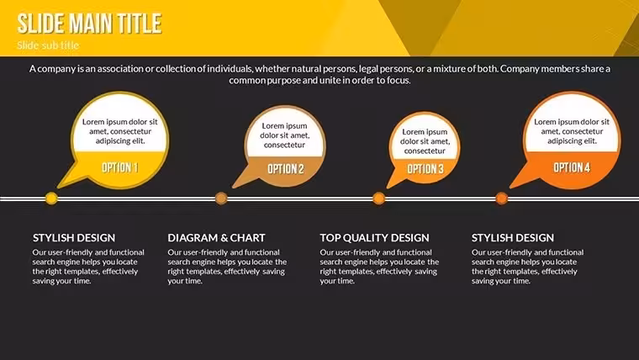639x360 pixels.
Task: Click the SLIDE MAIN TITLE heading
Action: [x=90, y=24]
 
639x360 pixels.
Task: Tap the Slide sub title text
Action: [x=48, y=45]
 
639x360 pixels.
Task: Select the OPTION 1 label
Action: [x=119, y=167]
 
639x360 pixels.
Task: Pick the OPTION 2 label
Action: [x=286, y=169]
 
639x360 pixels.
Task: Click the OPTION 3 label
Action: [x=425, y=169]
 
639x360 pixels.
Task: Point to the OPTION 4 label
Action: [x=572, y=167]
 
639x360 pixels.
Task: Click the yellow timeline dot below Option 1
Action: [x=51, y=199]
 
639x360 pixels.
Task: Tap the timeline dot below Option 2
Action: [x=221, y=199]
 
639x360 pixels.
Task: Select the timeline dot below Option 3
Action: [x=379, y=199]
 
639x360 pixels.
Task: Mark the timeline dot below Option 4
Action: [x=502, y=199]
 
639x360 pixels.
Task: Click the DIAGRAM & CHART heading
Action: [x=216, y=238]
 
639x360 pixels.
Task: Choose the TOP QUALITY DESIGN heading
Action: [x=374, y=238]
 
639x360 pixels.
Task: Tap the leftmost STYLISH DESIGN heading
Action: [x=74, y=238]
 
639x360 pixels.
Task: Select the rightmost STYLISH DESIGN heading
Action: [x=513, y=238]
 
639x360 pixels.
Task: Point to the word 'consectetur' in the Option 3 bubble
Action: [x=425, y=151]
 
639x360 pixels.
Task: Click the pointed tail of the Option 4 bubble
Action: [x=511, y=187]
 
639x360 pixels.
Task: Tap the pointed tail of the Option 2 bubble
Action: [x=234, y=187]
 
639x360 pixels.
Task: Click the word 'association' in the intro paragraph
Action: [x=120, y=69]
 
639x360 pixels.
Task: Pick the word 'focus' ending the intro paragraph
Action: [x=399, y=80]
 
